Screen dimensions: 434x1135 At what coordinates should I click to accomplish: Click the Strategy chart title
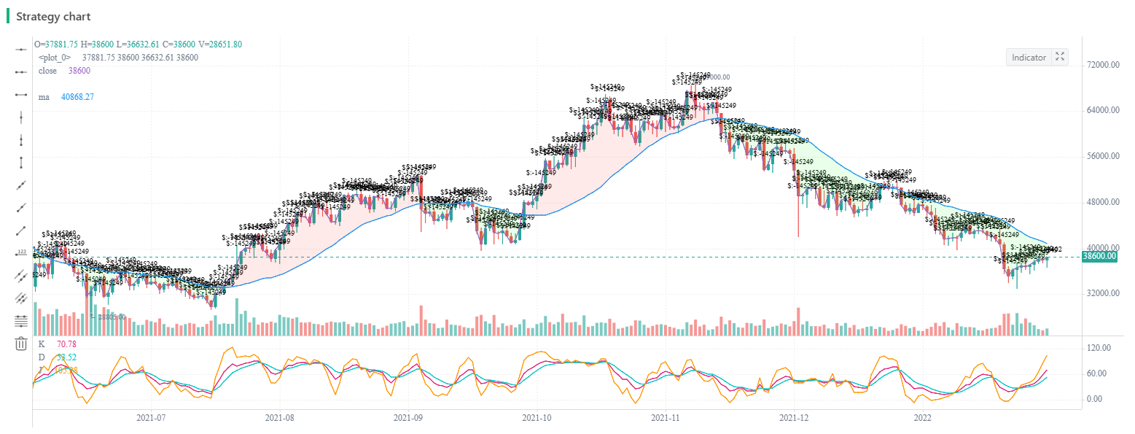point(53,16)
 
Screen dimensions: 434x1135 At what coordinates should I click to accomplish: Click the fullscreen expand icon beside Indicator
point(1061,57)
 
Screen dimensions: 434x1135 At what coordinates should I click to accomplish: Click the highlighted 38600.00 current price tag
point(1101,257)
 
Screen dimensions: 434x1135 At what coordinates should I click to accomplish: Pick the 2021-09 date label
point(408,419)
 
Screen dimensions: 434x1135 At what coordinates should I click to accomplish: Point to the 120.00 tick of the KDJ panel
point(1097,348)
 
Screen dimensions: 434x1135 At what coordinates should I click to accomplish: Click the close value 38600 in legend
point(79,71)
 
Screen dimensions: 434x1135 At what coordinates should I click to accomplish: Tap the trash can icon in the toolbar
point(21,344)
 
